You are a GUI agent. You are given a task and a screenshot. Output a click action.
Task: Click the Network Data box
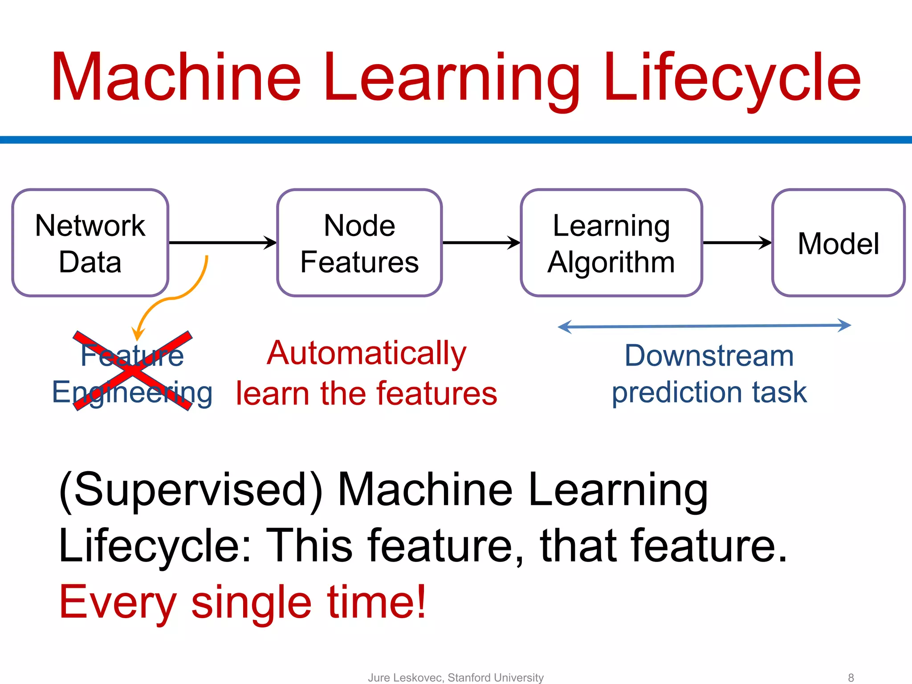90,243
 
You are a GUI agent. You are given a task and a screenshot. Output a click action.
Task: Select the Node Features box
359,243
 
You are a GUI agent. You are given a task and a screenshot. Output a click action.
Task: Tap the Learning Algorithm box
611,243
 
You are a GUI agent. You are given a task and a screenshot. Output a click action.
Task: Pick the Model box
838,243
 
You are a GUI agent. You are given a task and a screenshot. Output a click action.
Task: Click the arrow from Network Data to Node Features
223,243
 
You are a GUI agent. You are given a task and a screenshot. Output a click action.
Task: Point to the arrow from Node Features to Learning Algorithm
481,243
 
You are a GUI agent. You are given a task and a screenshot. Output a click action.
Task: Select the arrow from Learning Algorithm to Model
737,243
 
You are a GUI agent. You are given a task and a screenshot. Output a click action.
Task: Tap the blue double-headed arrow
704,326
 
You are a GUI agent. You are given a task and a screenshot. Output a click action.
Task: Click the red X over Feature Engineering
133,370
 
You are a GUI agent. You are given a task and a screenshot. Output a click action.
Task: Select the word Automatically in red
366,353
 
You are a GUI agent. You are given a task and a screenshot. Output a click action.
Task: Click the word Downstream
709,356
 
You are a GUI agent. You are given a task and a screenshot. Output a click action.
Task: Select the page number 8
851,677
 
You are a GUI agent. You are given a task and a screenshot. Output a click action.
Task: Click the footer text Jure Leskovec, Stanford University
456,677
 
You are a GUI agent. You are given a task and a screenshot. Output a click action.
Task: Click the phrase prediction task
709,392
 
